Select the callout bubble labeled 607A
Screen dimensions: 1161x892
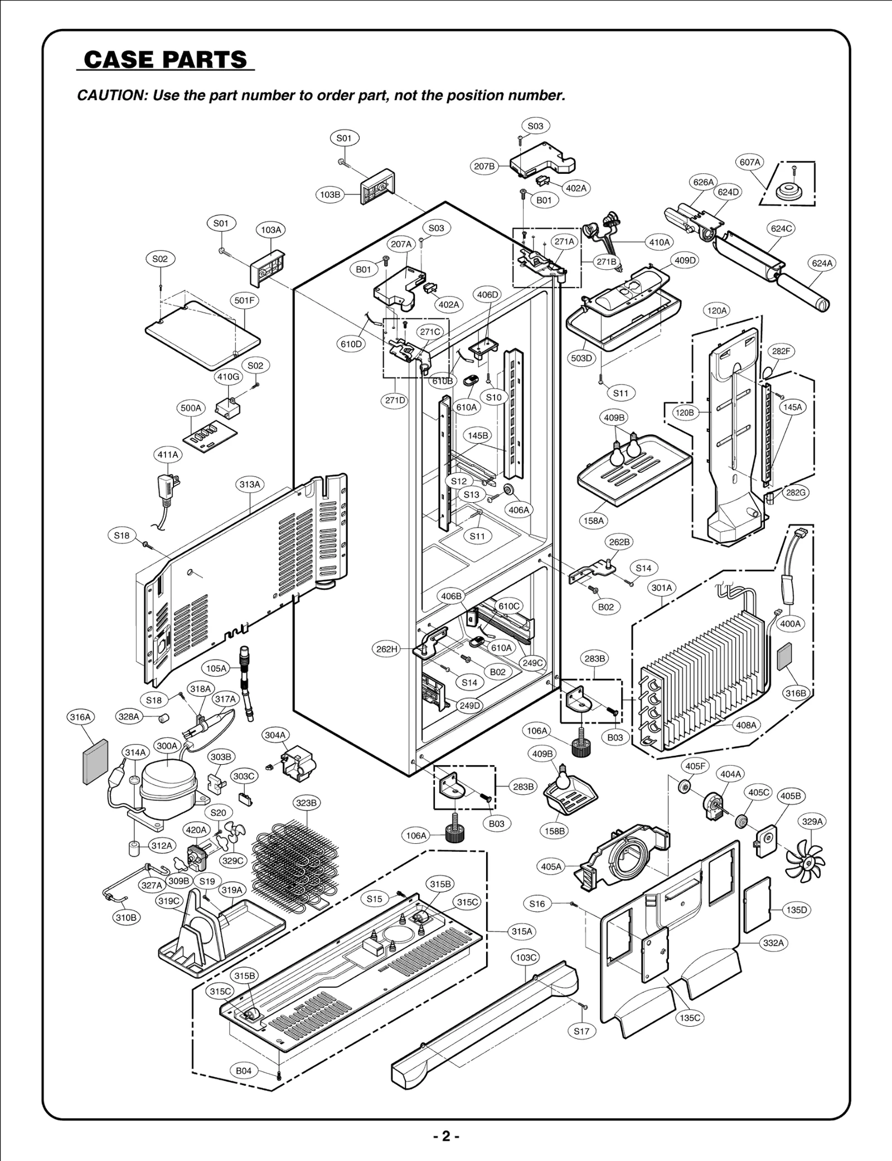point(750,162)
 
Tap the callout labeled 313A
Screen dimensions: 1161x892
point(250,484)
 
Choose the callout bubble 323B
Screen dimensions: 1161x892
point(306,803)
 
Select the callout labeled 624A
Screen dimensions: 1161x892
point(822,263)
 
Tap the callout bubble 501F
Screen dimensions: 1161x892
point(244,300)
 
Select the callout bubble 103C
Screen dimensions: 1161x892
point(525,957)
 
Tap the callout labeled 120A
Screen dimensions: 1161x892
point(717,310)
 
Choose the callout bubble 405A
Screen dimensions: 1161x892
point(551,866)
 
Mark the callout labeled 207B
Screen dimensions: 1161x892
point(484,166)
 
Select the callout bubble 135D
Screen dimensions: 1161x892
point(796,910)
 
